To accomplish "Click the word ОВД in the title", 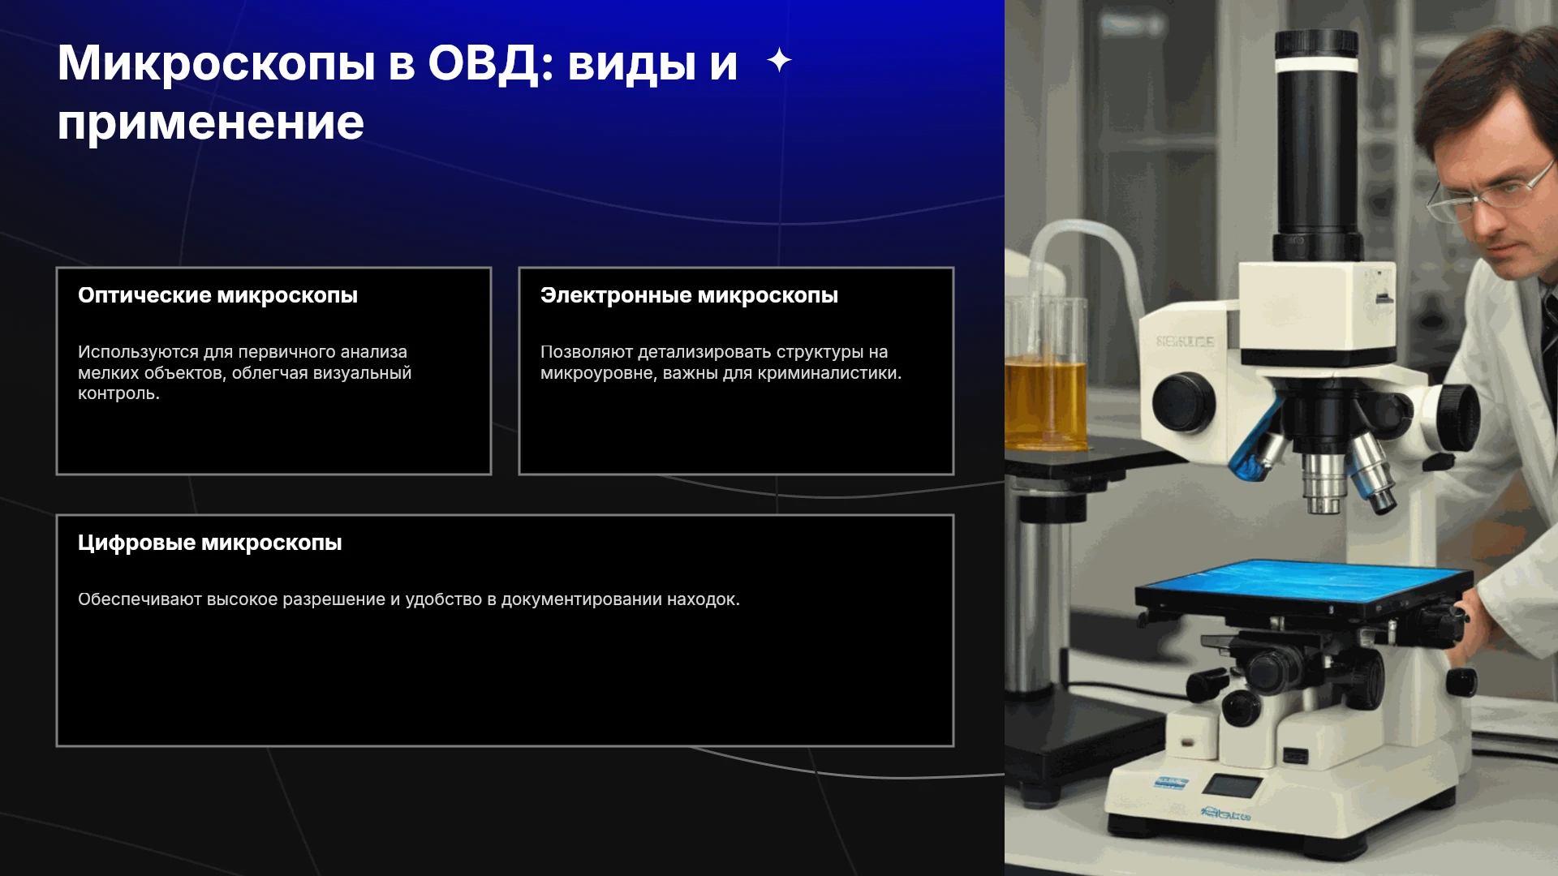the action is click(x=484, y=62).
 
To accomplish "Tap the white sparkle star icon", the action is click(x=779, y=60).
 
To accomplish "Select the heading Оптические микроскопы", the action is click(x=217, y=295).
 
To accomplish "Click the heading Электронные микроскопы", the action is click(x=689, y=295).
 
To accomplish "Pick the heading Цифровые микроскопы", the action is click(x=209, y=543).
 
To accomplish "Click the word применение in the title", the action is click(x=211, y=123).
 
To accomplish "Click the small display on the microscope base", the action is click(x=1232, y=785).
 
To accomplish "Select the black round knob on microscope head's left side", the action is click(x=1183, y=402).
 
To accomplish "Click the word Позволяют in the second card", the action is click(x=587, y=352).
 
